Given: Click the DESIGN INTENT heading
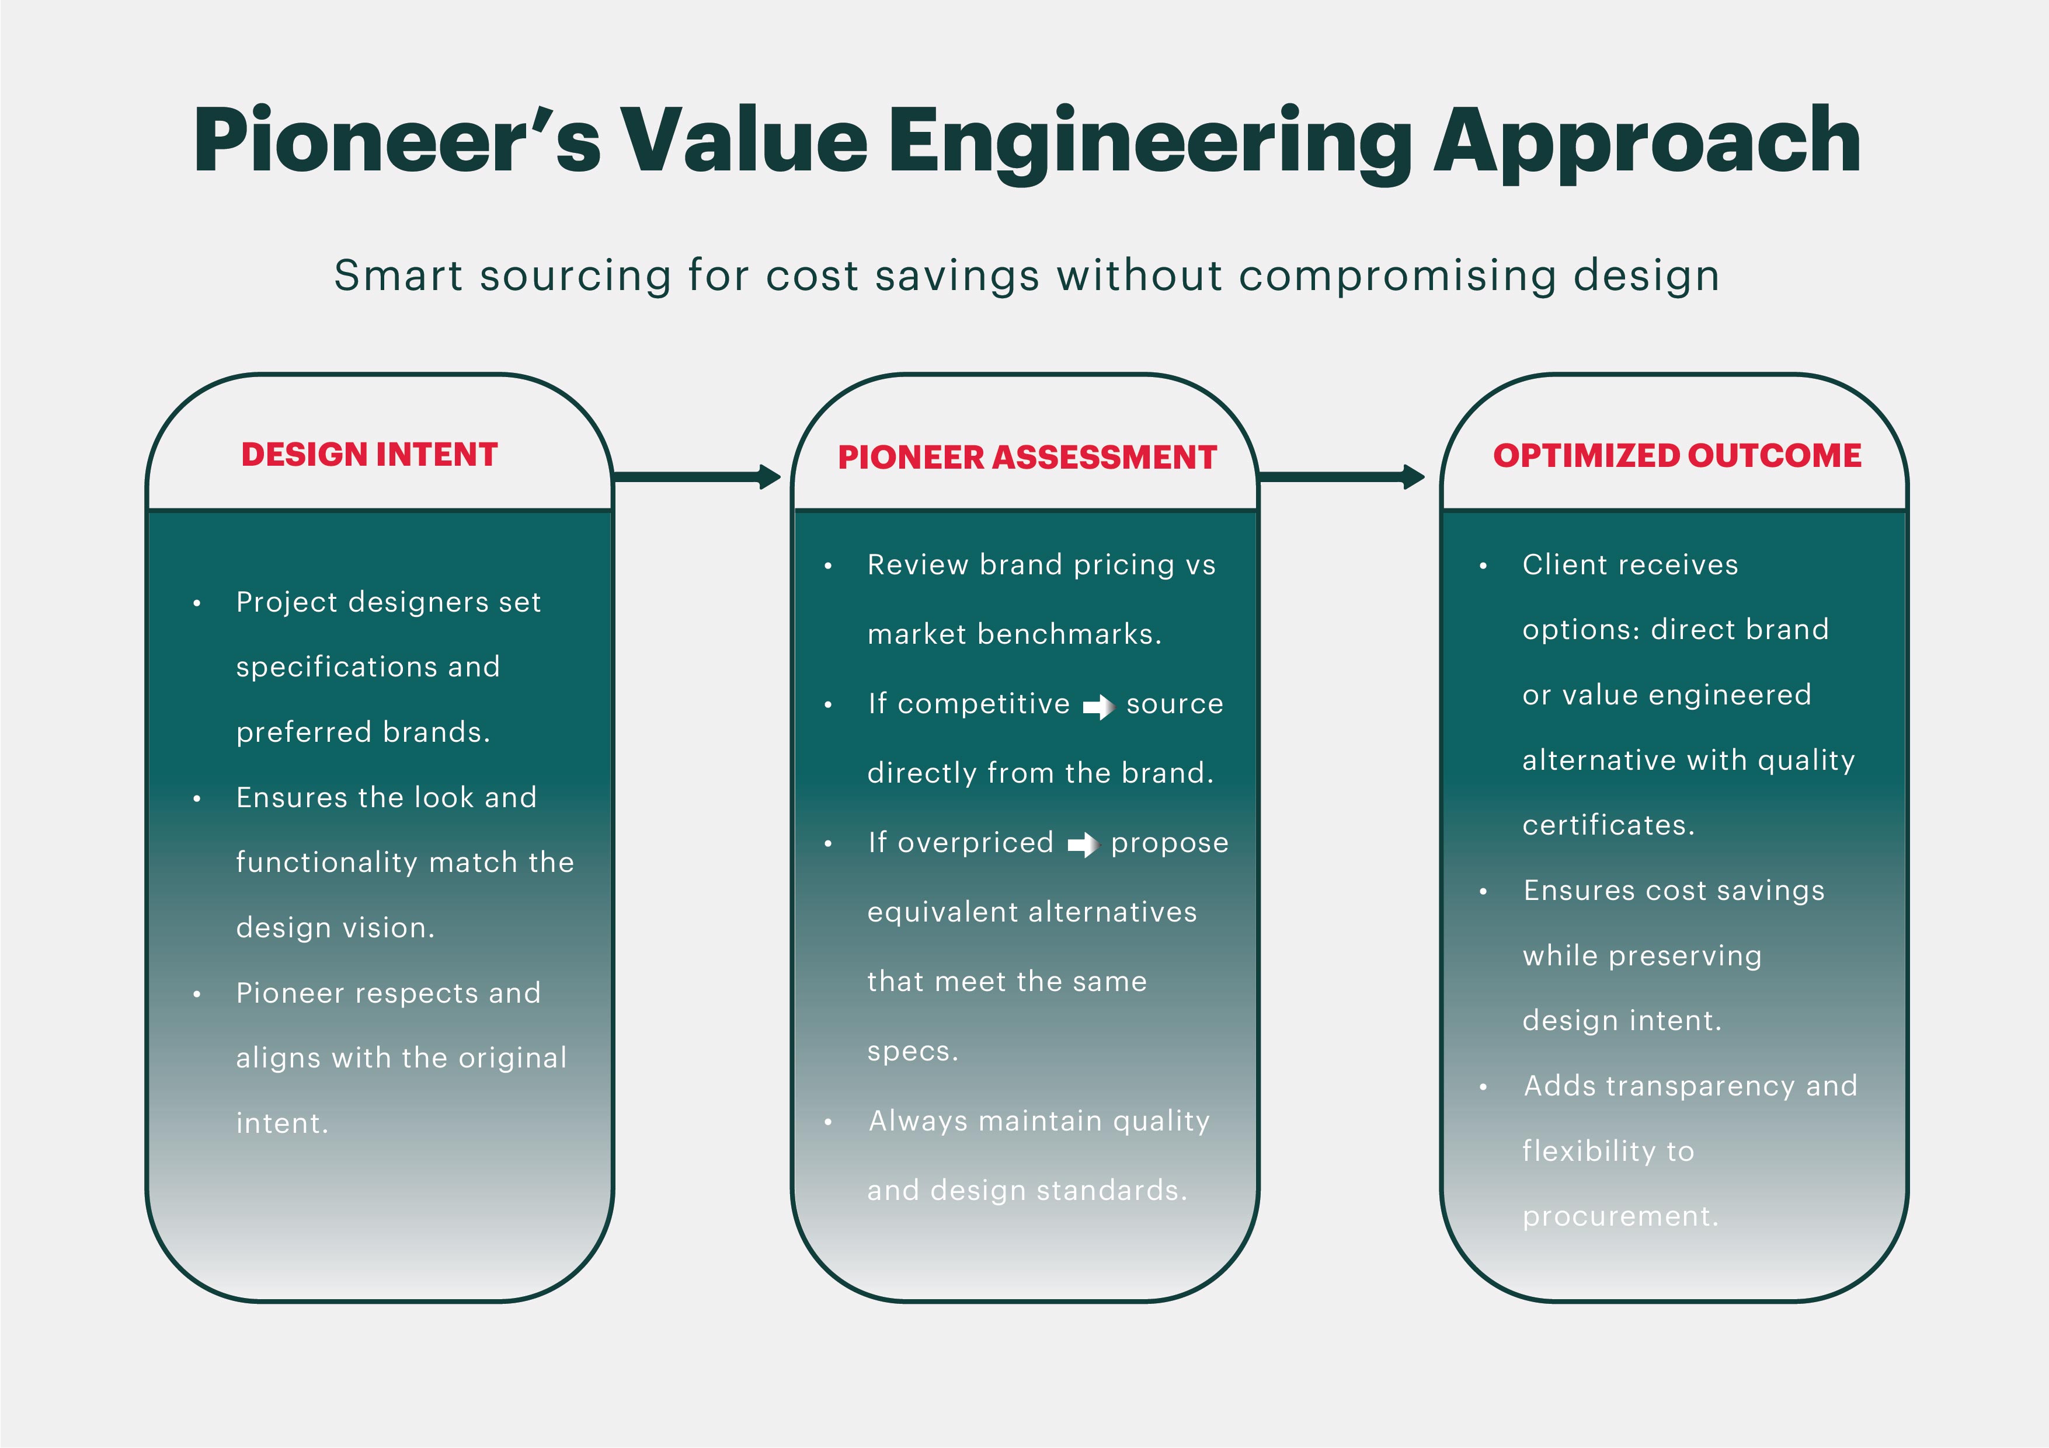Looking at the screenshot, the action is pyautogui.click(x=370, y=455).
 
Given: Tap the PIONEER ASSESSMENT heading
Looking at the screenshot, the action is pyautogui.click(x=1027, y=458).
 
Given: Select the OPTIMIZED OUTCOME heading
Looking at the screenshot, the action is pyautogui.click(x=1677, y=456).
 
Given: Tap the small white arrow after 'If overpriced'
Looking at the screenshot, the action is pyautogui.click(x=1083, y=844).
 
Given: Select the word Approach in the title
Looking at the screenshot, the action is pyautogui.click(x=1647, y=143).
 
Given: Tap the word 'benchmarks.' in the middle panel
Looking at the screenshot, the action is pyautogui.click(x=1070, y=634).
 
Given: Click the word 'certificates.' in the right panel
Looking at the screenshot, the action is pyautogui.click(x=1608, y=825).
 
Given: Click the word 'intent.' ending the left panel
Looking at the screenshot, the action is pyautogui.click(x=282, y=1123).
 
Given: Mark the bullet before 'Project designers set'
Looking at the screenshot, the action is pyautogui.click(x=196, y=604).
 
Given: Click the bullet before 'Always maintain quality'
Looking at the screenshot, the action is pyautogui.click(x=828, y=1122).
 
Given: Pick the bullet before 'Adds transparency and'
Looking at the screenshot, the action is pyautogui.click(x=1483, y=1087).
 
